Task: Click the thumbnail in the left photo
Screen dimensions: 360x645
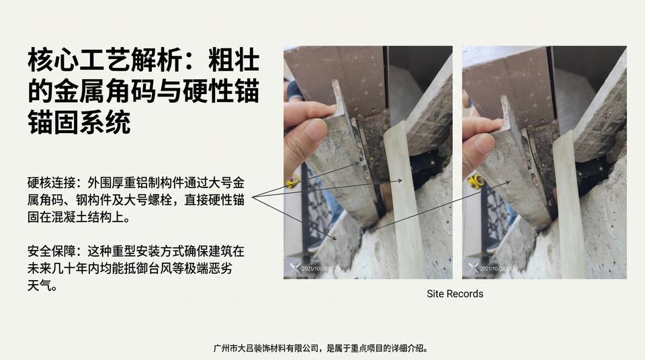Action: [x=368, y=162]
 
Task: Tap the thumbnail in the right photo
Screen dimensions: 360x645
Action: [x=544, y=162]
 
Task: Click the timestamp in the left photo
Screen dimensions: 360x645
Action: [x=321, y=269]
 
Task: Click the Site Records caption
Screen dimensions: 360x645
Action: [x=455, y=294]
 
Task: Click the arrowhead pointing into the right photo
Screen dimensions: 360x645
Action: [x=508, y=181]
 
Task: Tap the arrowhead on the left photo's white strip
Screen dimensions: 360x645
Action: [x=400, y=180]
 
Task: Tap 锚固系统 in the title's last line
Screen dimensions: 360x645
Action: [x=79, y=123]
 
